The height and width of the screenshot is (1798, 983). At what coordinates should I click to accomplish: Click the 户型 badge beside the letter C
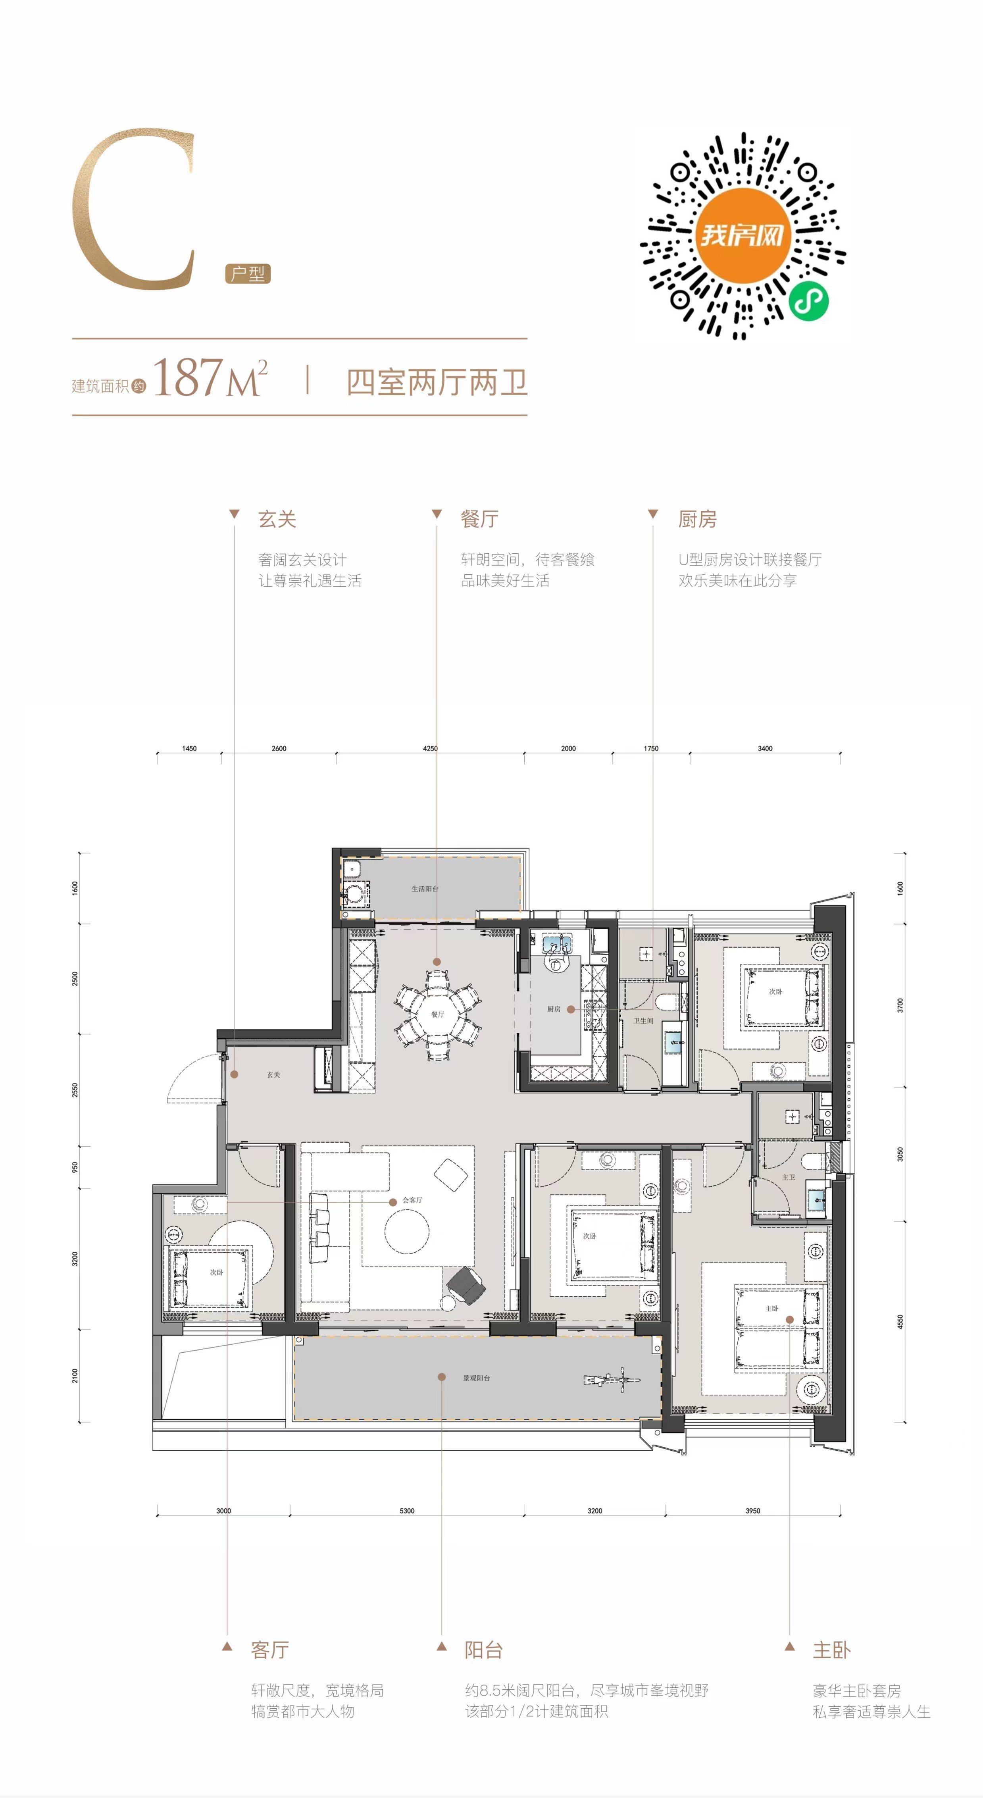(x=248, y=273)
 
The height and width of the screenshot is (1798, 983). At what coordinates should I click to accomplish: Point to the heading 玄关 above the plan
(x=277, y=519)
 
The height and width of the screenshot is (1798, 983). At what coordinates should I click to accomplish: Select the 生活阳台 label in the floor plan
(x=425, y=889)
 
